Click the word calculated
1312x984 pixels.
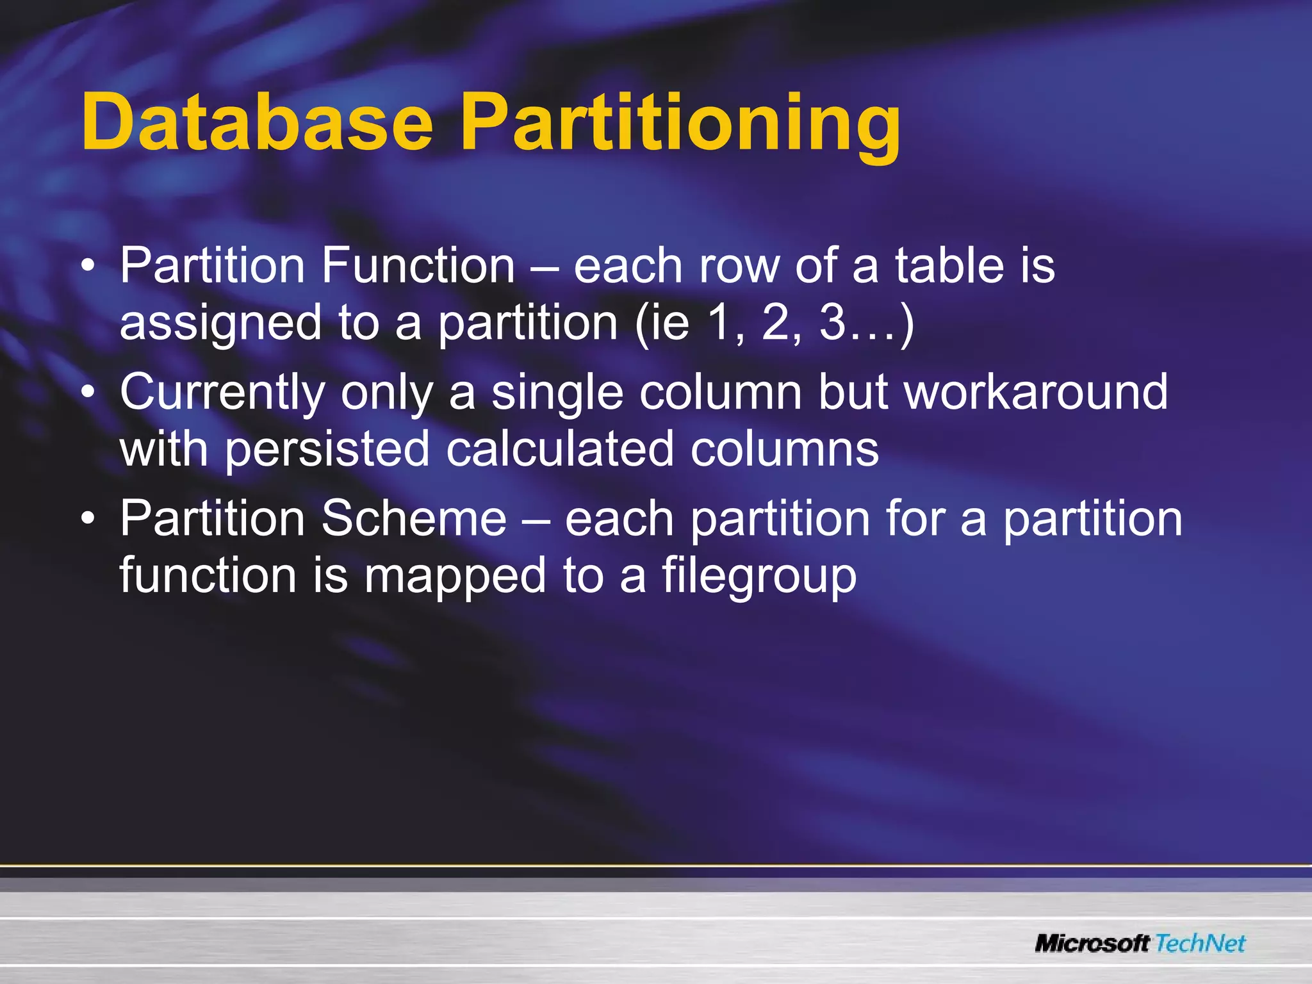560,448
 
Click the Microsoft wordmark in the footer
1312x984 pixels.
1092,943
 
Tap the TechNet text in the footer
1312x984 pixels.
1201,943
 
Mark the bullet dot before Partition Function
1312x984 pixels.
89,266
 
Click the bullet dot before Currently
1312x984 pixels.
89,392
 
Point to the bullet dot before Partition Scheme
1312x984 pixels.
89,518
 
